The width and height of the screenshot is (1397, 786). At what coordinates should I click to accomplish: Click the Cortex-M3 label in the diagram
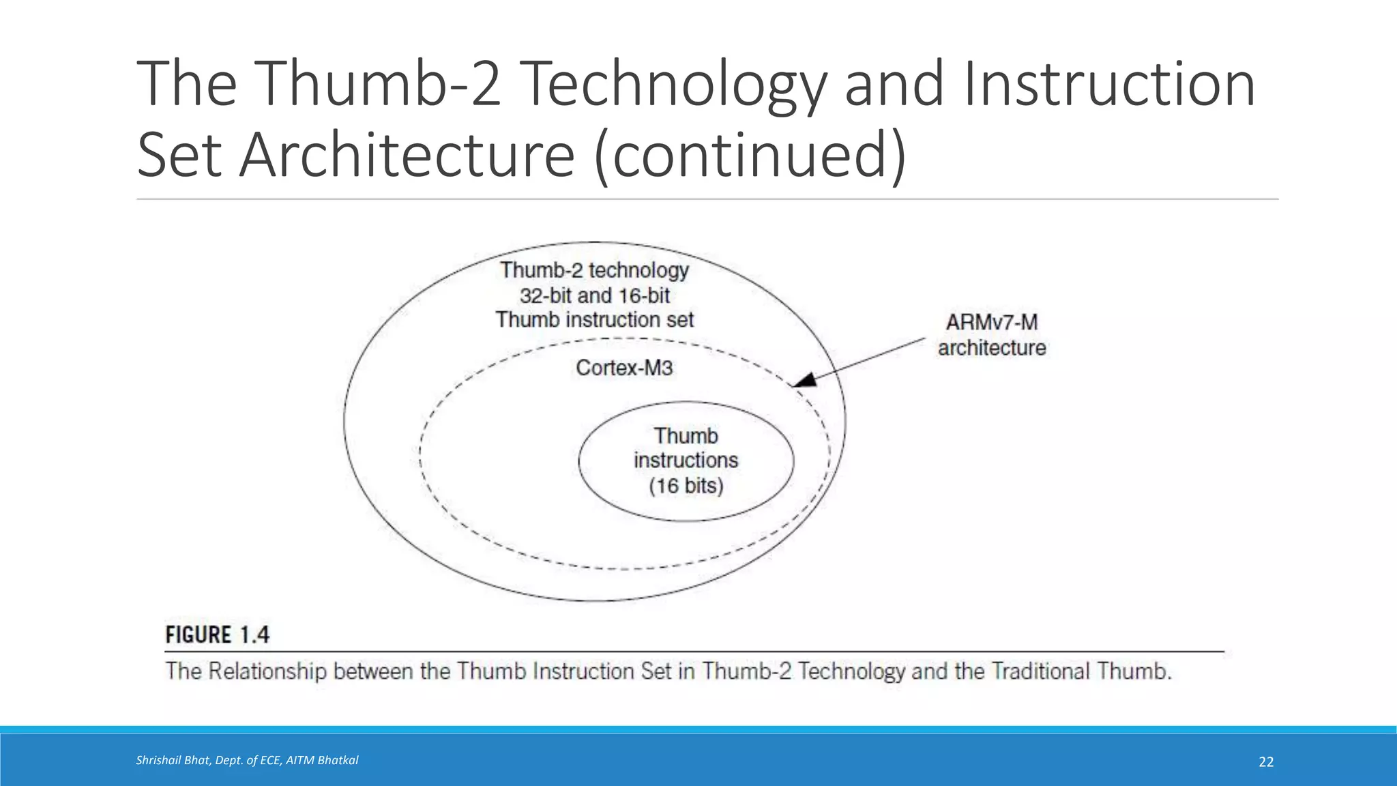tap(624, 368)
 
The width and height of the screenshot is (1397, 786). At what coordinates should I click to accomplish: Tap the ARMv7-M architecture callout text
tap(991, 335)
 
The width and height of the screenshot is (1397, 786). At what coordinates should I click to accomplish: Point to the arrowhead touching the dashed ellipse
tap(805, 380)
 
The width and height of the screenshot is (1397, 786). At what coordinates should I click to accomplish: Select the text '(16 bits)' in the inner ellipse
tap(686, 486)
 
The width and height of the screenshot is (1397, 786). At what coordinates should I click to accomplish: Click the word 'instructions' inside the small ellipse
tap(686, 461)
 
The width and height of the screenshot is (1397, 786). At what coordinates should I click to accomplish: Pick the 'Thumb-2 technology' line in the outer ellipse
tap(594, 270)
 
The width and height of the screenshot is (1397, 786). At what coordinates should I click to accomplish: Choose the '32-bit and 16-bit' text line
tap(594, 295)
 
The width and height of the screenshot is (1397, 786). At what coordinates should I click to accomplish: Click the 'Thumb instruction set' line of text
tap(594, 320)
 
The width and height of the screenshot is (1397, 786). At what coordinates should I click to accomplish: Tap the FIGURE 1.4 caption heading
tap(217, 635)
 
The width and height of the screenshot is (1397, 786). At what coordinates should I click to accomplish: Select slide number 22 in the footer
tap(1266, 762)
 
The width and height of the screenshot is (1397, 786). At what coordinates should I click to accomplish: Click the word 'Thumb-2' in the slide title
tap(377, 84)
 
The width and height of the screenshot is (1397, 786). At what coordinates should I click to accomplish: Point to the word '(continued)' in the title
tap(750, 155)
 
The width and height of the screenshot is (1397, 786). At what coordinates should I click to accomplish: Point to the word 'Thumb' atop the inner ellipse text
tap(686, 436)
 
